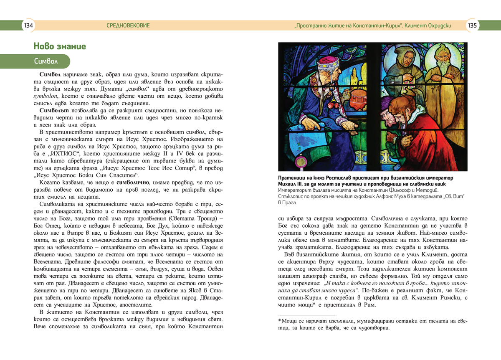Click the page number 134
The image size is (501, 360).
[29, 25]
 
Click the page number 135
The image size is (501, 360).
[472, 25]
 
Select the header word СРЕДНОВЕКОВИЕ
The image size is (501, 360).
[128, 25]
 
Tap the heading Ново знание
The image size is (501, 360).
[60, 46]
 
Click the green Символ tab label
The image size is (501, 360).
[46, 61]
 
